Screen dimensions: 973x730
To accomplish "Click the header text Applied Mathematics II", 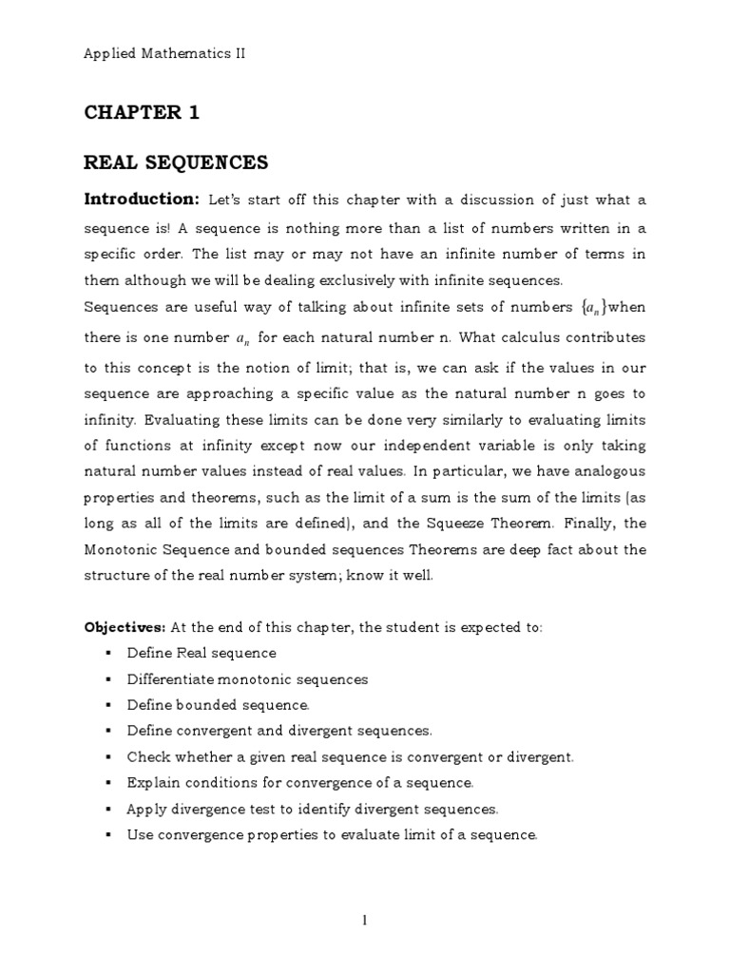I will point(164,54).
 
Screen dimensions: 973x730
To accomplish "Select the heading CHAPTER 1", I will point(142,113).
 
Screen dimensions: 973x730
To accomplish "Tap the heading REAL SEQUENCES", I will point(176,163).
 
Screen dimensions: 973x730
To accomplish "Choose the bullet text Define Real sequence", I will point(202,654).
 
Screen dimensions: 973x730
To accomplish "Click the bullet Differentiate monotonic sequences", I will point(247,679).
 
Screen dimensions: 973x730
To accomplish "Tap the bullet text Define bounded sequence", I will point(219,705).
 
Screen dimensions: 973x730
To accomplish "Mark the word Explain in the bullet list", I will point(149,783).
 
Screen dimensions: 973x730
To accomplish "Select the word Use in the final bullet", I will point(139,835).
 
